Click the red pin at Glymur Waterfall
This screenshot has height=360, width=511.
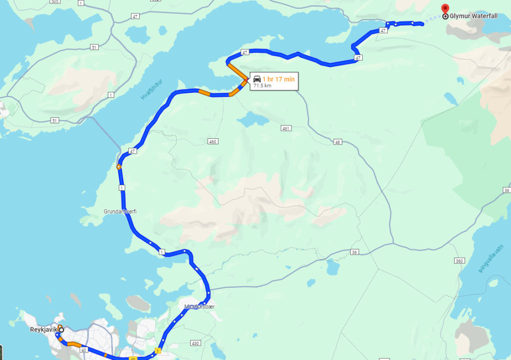(x=445, y=9)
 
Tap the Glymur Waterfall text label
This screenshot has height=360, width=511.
(x=473, y=16)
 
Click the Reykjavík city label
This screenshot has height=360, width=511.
(x=43, y=330)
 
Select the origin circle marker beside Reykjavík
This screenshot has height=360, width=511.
(x=61, y=330)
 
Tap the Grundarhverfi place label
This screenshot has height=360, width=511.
(x=120, y=212)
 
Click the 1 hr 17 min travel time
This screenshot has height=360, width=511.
(x=278, y=79)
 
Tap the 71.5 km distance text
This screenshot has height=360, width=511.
(x=262, y=86)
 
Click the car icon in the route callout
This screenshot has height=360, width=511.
(x=257, y=79)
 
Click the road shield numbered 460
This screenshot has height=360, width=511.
(x=213, y=142)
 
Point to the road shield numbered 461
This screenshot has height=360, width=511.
(x=285, y=128)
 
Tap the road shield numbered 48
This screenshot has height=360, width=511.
(x=338, y=142)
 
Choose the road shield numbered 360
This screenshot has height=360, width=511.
(x=460, y=261)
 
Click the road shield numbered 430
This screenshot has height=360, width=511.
(x=196, y=343)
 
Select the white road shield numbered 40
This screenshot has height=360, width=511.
(x=83, y=349)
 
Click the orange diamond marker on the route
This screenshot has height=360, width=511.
(x=119, y=167)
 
